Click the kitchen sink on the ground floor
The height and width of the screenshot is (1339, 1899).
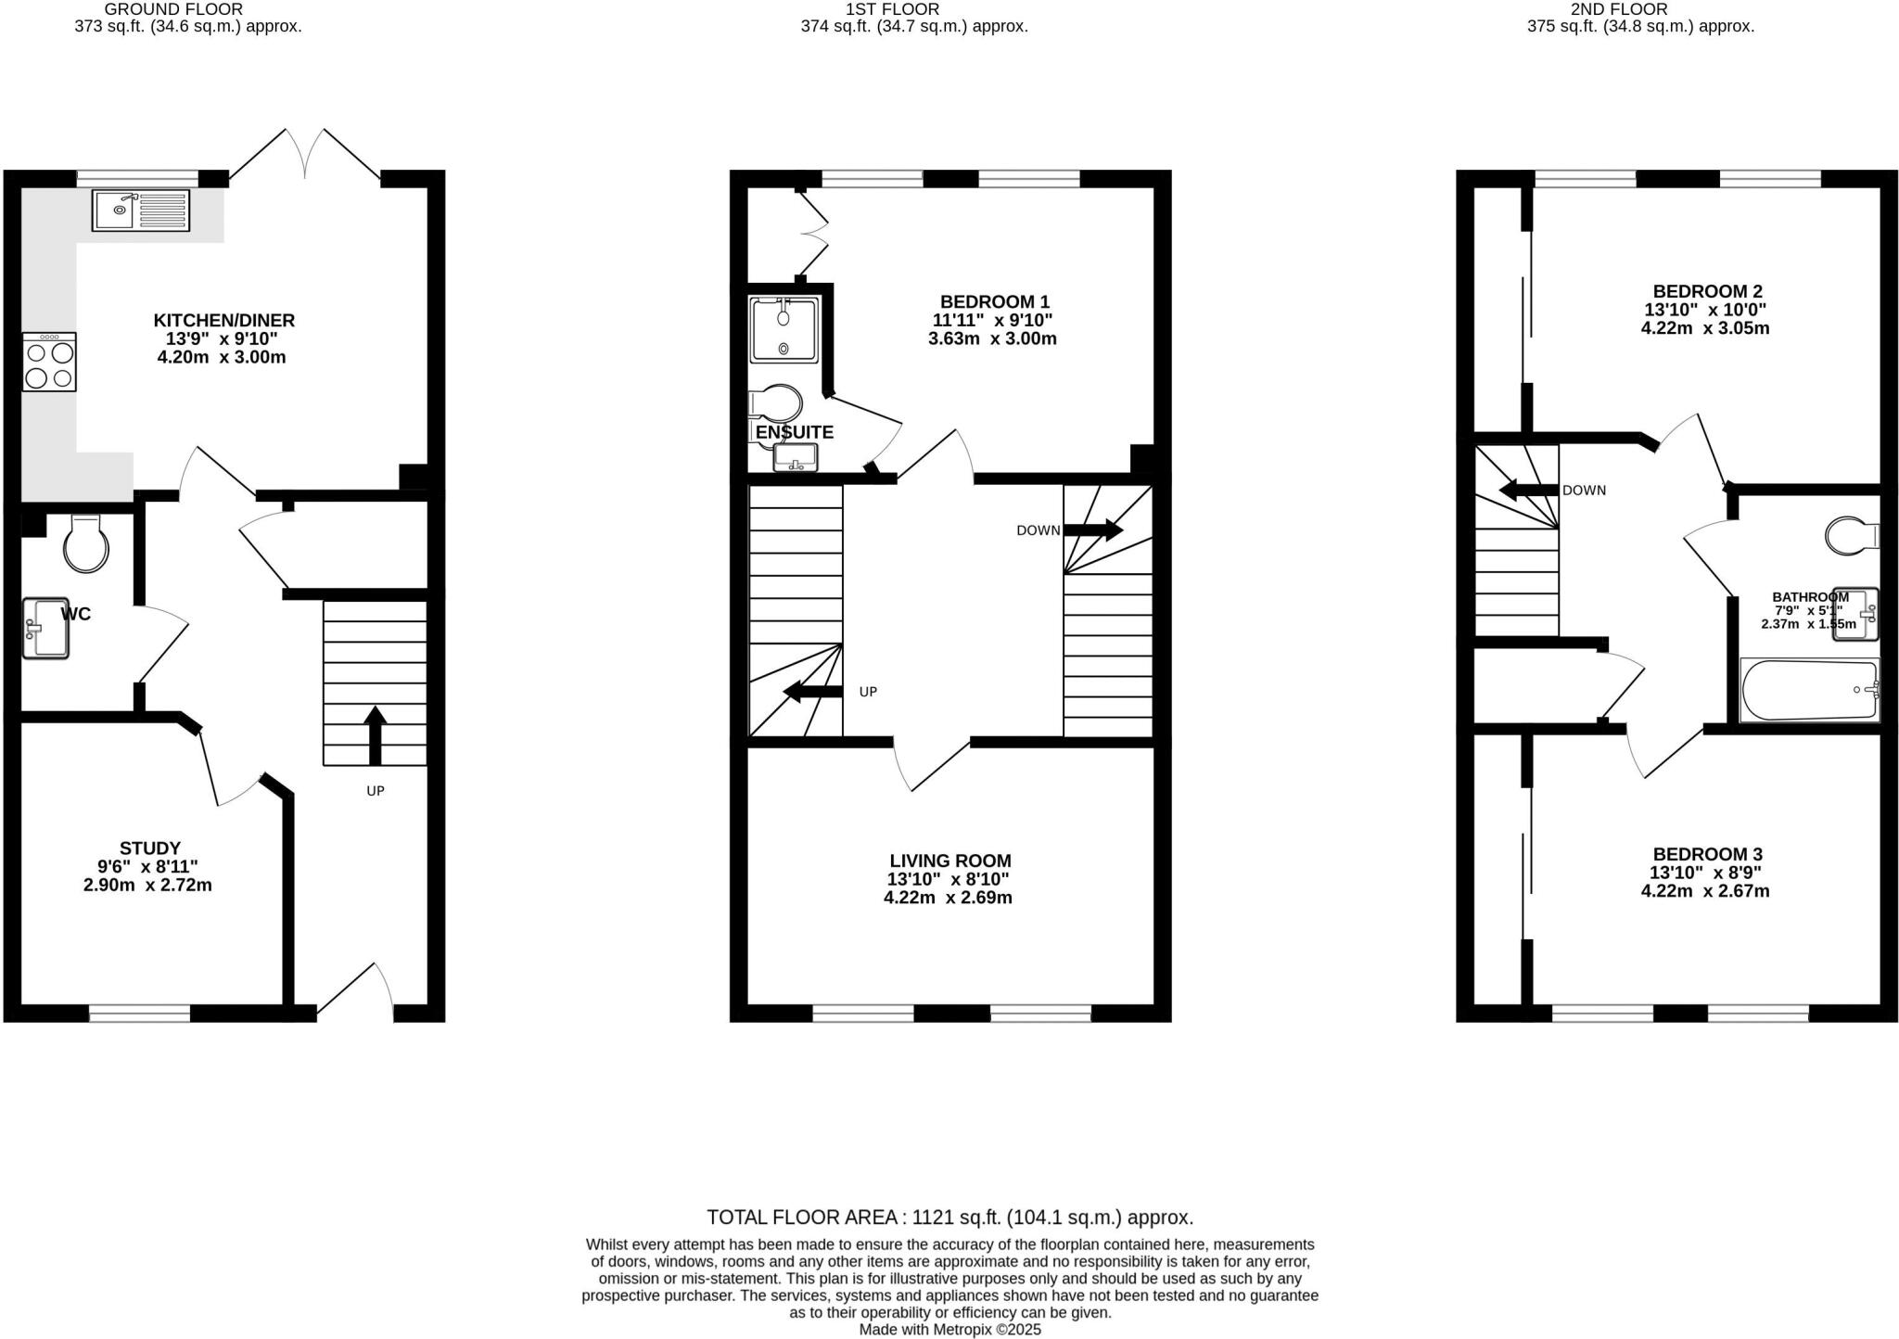pyautogui.click(x=141, y=210)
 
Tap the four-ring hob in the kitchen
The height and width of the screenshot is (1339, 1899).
pyautogui.click(x=49, y=363)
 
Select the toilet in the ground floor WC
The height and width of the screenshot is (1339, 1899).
pyautogui.click(x=85, y=544)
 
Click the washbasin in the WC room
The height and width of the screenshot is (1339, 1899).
pyautogui.click(x=45, y=628)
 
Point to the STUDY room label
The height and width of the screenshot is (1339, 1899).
pyautogui.click(x=149, y=848)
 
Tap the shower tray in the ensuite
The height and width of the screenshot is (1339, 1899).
pyautogui.click(x=784, y=330)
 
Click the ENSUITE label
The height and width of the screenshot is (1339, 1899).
pyautogui.click(x=794, y=432)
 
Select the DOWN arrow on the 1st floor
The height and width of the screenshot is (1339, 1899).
pyautogui.click(x=1094, y=530)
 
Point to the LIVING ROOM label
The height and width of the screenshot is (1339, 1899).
pyautogui.click(x=949, y=861)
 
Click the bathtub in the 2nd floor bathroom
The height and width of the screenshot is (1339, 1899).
pyautogui.click(x=1808, y=690)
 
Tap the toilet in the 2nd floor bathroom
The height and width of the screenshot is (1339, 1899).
pyautogui.click(x=1851, y=535)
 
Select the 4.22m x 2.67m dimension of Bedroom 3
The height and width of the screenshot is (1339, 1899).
pyautogui.click(x=1704, y=891)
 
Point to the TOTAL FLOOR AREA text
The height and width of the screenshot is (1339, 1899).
pyautogui.click(x=949, y=1217)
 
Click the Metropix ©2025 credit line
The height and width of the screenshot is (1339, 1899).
pyautogui.click(x=949, y=1329)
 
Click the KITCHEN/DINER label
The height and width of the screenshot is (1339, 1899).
pyautogui.click(x=223, y=320)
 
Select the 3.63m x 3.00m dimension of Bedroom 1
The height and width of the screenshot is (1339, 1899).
pyautogui.click(x=992, y=338)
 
